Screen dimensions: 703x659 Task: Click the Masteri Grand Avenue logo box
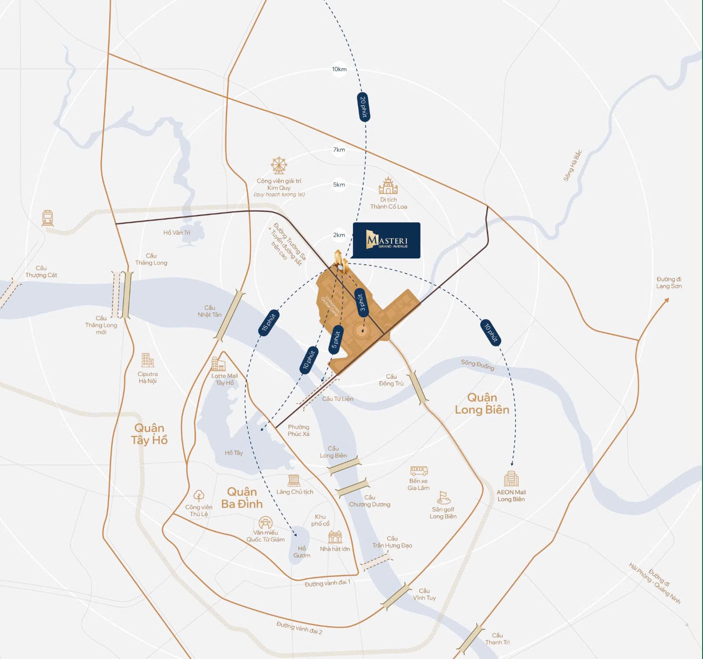pyautogui.click(x=386, y=240)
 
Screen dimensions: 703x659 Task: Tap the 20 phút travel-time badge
pyautogui.click(x=363, y=107)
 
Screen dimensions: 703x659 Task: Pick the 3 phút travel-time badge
pyautogui.click(x=361, y=302)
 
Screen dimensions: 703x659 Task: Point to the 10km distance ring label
pyautogui.click(x=339, y=69)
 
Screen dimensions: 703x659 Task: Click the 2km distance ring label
pyautogui.click(x=339, y=235)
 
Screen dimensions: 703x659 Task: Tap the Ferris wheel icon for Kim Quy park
pyautogui.click(x=279, y=166)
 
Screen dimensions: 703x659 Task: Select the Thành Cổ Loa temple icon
pyautogui.click(x=388, y=186)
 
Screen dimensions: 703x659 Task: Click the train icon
pyautogui.click(x=48, y=218)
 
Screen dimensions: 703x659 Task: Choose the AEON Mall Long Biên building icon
pyautogui.click(x=511, y=479)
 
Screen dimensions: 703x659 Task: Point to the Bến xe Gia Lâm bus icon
pyautogui.click(x=419, y=471)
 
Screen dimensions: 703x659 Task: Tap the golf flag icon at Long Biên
pyautogui.click(x=443, y=497)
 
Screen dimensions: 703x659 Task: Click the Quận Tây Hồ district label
pyautogui.click(x=149, y=434)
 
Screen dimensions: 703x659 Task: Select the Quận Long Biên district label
pyautogui.click(x=482, y=404)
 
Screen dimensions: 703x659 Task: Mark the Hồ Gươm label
pyautogui.click(x=302, y=552)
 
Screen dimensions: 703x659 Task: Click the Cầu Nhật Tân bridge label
pyautogui.click(x=210, y=311)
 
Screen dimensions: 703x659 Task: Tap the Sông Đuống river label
pyautogui.click(x=478, y=365)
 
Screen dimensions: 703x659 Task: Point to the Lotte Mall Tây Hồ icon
pyautogui.click(x=218, y=364)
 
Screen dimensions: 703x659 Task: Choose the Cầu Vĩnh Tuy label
pyautogui.click(x=424, y=594)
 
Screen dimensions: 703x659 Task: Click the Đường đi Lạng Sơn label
pyautogui.click(x=669, y=283)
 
